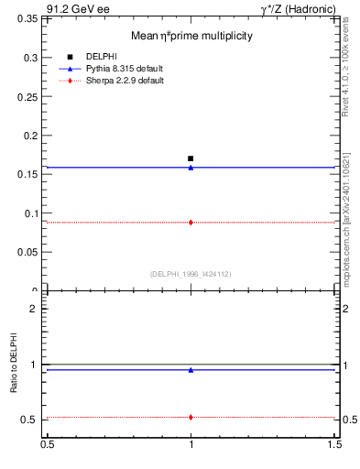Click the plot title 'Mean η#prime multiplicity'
191,36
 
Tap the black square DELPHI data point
191,158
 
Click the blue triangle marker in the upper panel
191,168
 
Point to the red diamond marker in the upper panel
191,222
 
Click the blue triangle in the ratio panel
191,370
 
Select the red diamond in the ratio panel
191,417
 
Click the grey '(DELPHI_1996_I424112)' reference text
191,273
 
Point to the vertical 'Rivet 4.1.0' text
348,73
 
